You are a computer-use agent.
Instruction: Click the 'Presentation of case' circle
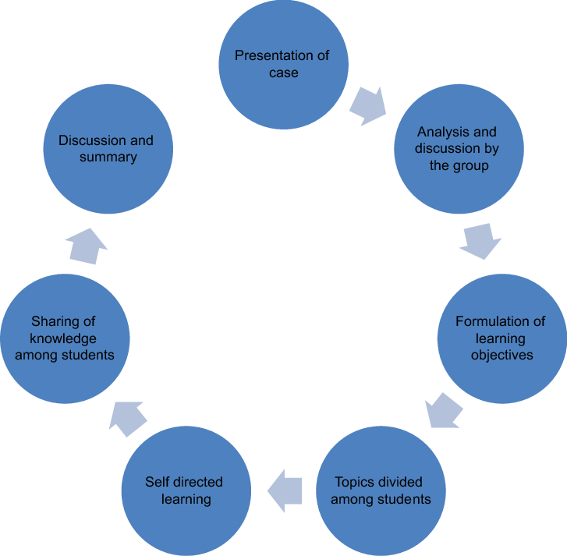[282, 65]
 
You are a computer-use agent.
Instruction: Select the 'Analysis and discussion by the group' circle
[457, 149]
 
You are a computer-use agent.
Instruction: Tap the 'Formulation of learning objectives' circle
[501, 338]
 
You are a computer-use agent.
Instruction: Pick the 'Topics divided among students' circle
[381, 490]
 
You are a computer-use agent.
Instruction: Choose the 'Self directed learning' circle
[186, 490]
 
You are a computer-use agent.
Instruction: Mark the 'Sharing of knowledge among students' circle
[65, 338]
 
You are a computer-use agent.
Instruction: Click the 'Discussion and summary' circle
[108, 149]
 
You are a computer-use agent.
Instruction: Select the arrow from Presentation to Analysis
[367, 105]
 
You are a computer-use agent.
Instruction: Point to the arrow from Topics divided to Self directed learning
[284, 490]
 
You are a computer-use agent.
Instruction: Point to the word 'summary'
[107, 158]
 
